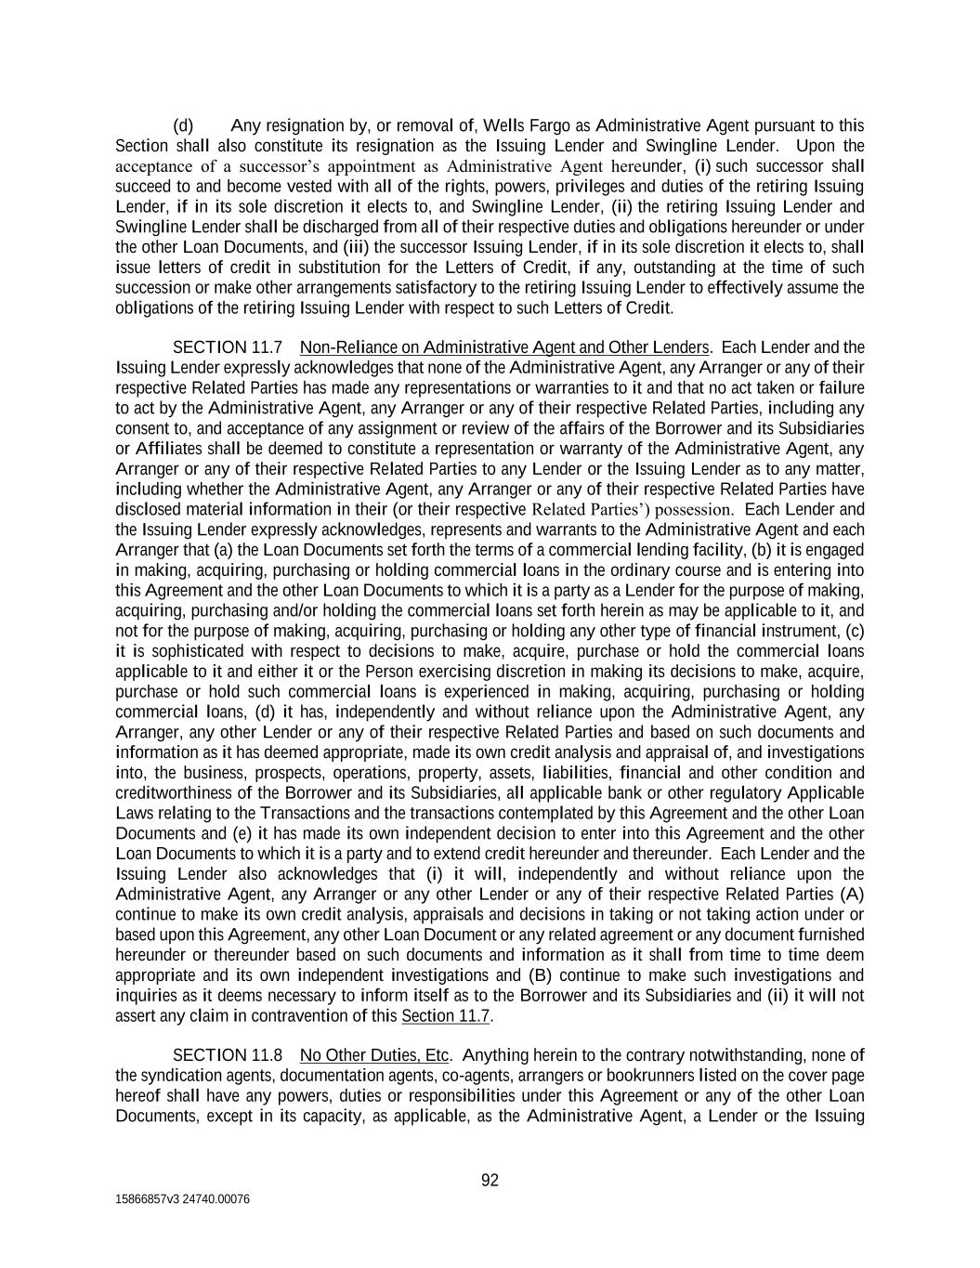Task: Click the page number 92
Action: pos(490,1181)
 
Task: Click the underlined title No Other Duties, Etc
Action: pos(374,1055)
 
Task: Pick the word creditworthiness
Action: pos(172,793)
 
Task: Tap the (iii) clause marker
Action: pos(356,247)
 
